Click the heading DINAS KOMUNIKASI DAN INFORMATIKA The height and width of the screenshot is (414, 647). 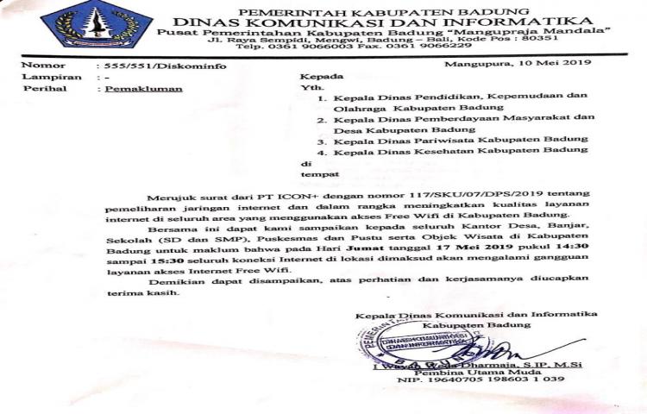[382, 21]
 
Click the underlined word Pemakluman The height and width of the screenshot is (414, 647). [134, 90]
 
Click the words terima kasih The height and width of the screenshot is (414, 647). [140, 293]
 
